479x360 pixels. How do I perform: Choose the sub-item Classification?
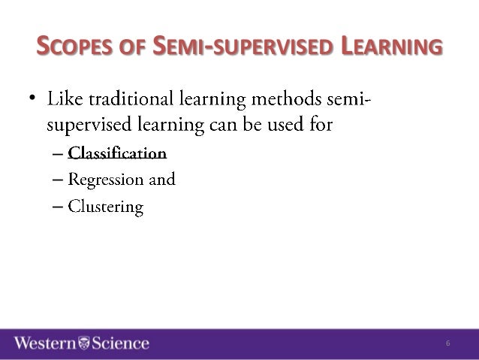pos(116,154)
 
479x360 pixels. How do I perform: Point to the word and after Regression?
pos(162,180)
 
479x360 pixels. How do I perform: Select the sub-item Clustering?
pos(105,206)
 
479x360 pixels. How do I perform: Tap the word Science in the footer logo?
pos(120,343)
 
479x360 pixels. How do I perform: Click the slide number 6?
pos(447,343)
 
